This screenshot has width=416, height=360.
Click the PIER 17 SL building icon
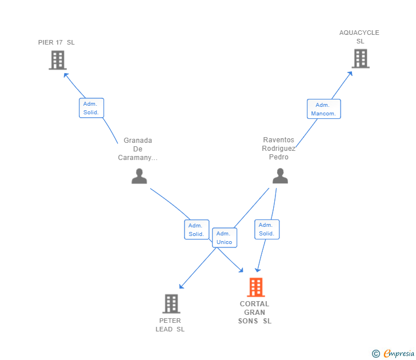tap(58, 60)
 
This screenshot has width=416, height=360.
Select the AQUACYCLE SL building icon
tap(360, 58)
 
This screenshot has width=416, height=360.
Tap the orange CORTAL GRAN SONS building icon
tap(255, 287)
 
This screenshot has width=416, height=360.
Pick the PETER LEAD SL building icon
tap(171, 304)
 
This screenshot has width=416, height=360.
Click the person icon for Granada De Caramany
tap(139, 176)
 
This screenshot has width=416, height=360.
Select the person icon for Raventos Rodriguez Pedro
tap(280, 176)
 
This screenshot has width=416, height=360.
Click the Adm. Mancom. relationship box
tap(323, 109)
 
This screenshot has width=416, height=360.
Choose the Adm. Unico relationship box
tap(224, 238)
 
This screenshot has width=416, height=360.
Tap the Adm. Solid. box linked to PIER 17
tap(91, 108)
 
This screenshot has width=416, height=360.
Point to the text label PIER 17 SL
tap(56, 42)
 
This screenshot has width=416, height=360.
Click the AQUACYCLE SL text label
tap(359, 37)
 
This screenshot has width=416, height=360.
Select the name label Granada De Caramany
tap(138, 149)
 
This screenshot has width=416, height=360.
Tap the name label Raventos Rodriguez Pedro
tap(279, 149)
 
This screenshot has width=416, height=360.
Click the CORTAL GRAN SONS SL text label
tap(255, 313)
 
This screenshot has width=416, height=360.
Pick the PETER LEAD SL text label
tap(170, 325)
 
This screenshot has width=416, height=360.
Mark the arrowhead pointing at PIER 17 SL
tap(66, 75)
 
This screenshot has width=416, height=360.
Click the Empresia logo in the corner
tap(398, 353)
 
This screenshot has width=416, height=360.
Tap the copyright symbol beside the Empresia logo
tap(375, 354)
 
